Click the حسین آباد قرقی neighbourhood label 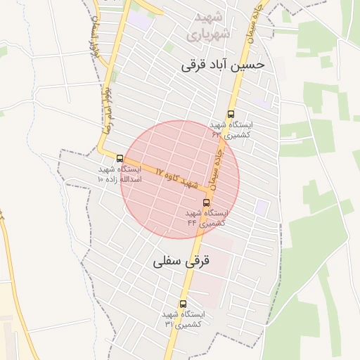(x=223, y=65)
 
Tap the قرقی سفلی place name (x=181, y=262)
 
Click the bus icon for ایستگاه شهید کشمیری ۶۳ (x=231, y=115)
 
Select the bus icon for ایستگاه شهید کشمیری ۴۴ (x=206, y=202)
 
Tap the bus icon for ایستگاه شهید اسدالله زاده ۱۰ (x=120, y=158)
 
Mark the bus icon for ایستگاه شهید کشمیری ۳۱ (x=183, y=304)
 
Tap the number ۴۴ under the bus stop (x=191, y=222)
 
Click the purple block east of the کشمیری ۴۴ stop (x=262, y=207)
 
